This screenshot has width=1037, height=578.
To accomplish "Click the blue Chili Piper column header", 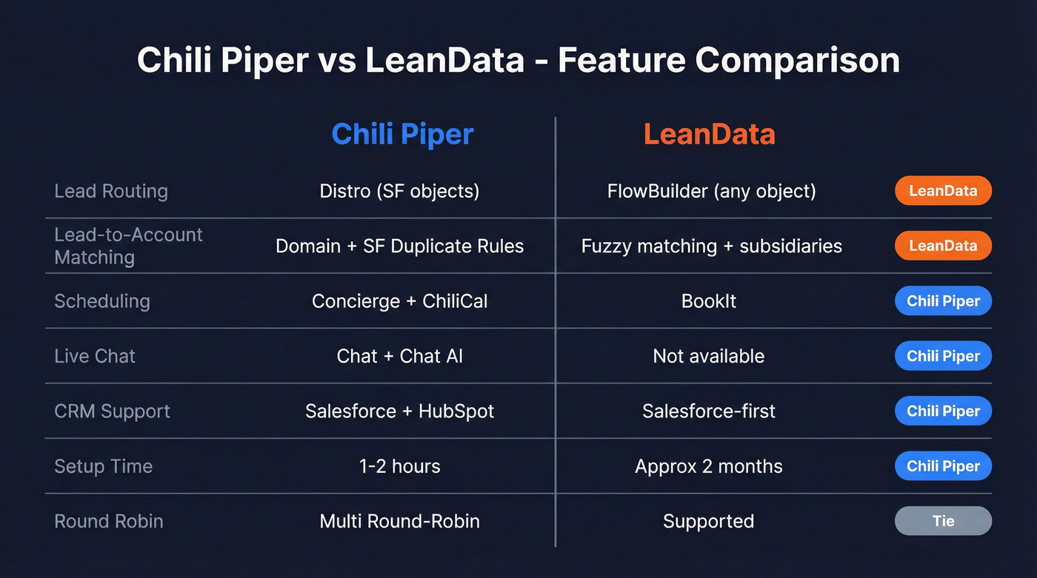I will [x=402, y=134].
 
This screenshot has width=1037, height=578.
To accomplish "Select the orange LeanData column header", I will [x=709, y=134].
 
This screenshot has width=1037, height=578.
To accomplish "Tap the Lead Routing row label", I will [x=111, y=191].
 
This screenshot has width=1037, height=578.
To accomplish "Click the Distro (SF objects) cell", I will [x=399, y=191].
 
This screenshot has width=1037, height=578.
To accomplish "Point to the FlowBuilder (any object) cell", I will [x=711, y=191].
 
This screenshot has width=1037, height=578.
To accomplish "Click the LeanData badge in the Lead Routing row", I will [x=943, y=191].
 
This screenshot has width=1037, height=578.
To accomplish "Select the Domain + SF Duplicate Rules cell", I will [x=399, y=246].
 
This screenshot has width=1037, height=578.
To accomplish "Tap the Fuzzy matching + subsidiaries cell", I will [x=711, y=246].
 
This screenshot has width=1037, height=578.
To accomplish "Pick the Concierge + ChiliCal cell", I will [x=399, y=301].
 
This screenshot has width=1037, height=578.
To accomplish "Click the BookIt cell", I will [x=709, y=301].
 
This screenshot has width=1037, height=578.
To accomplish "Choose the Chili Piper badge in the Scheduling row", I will [x=943, y=301].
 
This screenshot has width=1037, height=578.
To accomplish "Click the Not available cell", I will [x=709, y=356].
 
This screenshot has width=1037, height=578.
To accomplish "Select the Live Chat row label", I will [x=95, y=356].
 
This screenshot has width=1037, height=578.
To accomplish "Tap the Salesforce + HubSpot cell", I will [x=399, y=411].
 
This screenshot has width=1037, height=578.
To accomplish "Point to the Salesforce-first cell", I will [x=709, y=411].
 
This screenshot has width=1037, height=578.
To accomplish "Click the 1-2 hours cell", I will [x=399, y=466].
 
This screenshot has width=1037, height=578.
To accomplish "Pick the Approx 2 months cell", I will [x=709, y=466].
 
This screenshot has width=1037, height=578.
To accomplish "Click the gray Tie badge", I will [x=943, y=521].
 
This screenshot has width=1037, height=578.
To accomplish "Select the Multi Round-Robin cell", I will [x=399, y=521].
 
